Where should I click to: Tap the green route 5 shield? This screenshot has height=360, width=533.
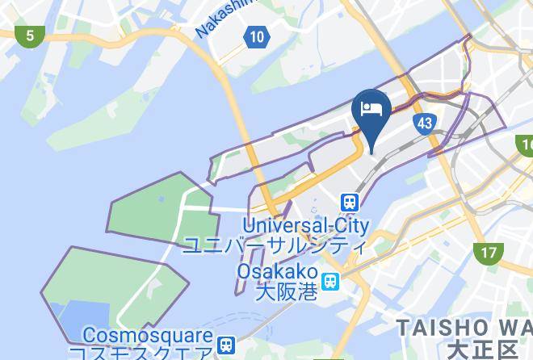(30, 35)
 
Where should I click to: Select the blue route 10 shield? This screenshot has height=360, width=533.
(256, 36)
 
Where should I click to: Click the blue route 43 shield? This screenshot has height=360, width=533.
(425, 123)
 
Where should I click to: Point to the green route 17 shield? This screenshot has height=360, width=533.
(489, 253)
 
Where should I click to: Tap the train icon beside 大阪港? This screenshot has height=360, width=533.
(331, 281)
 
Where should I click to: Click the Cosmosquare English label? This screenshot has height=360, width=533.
(149, 335)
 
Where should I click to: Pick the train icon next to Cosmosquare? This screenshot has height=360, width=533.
(228, 343)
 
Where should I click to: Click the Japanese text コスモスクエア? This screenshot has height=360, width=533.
(141, 353)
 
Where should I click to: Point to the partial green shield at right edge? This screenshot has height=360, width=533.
(526, 145)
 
